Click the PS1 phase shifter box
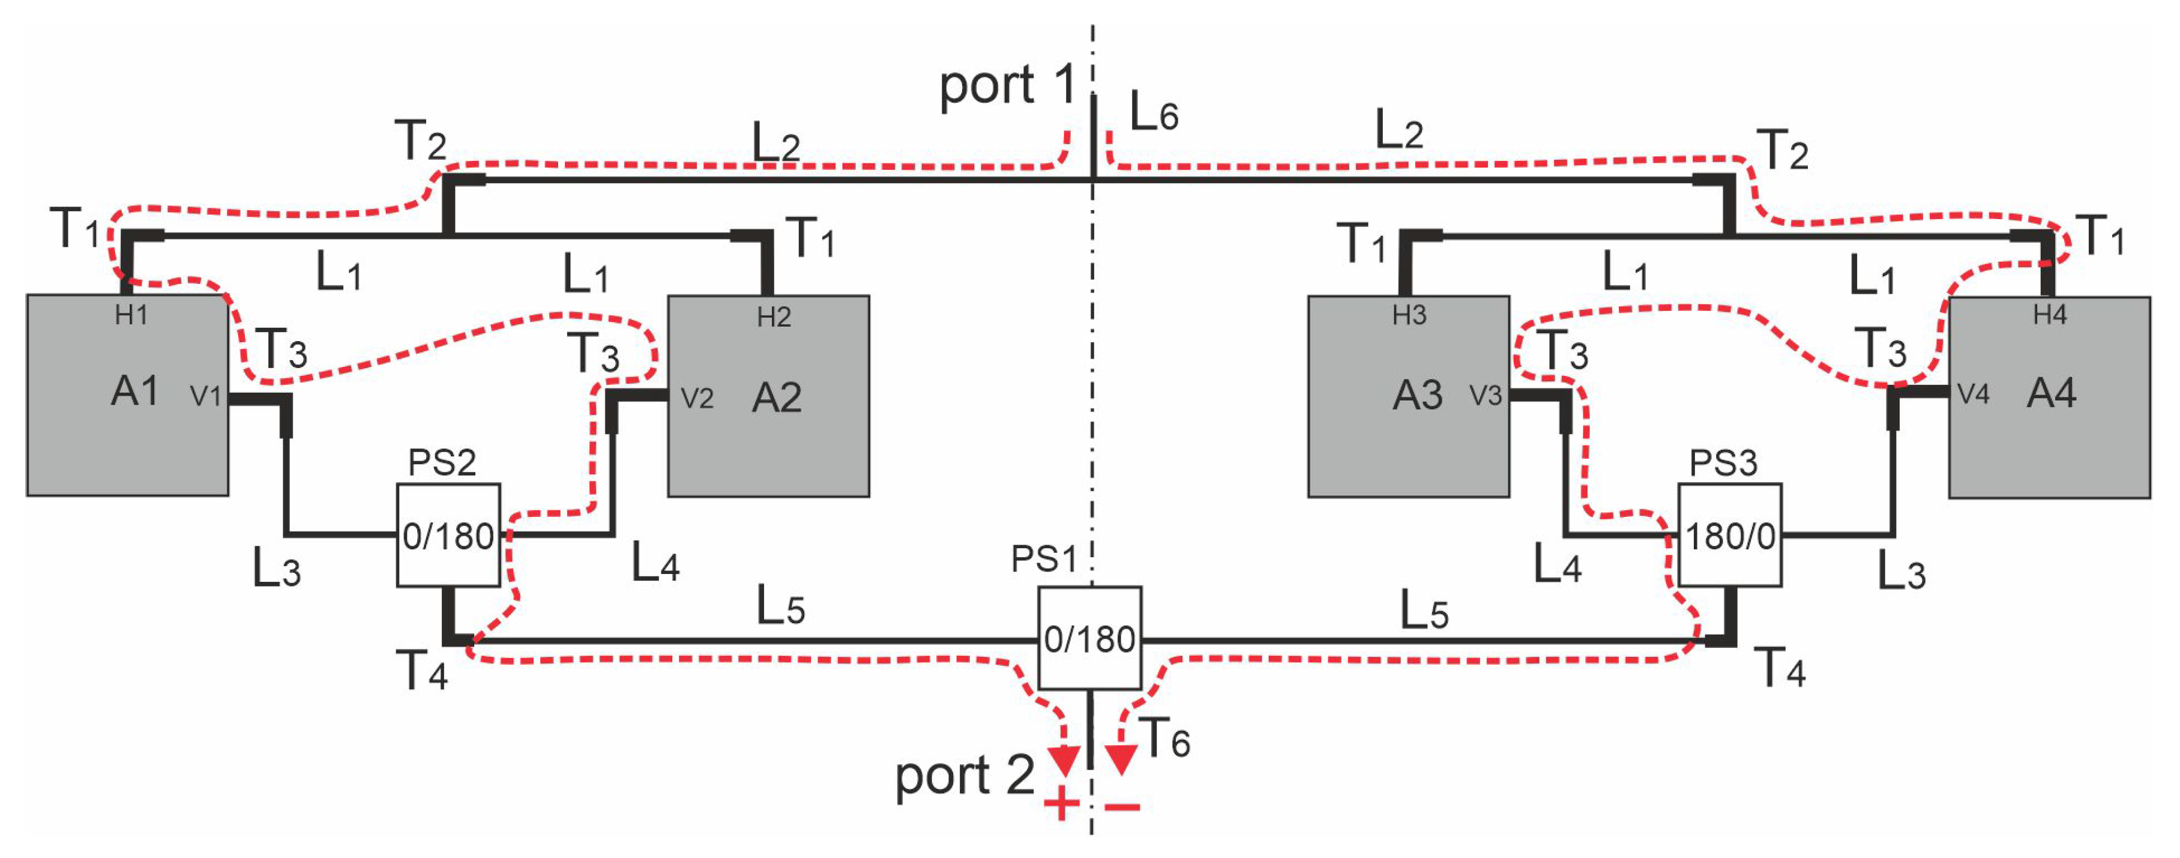coord(1089,638)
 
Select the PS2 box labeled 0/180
coord(448,536)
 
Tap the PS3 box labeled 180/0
coord(1730,536)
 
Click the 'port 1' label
coord(1007,85)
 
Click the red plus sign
coord(1061,805)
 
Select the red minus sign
coord(1123,806)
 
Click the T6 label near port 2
coord(1164,738)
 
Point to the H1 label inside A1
coord(131,315)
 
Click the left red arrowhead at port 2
coord(1064,758)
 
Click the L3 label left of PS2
coord(277,569)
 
